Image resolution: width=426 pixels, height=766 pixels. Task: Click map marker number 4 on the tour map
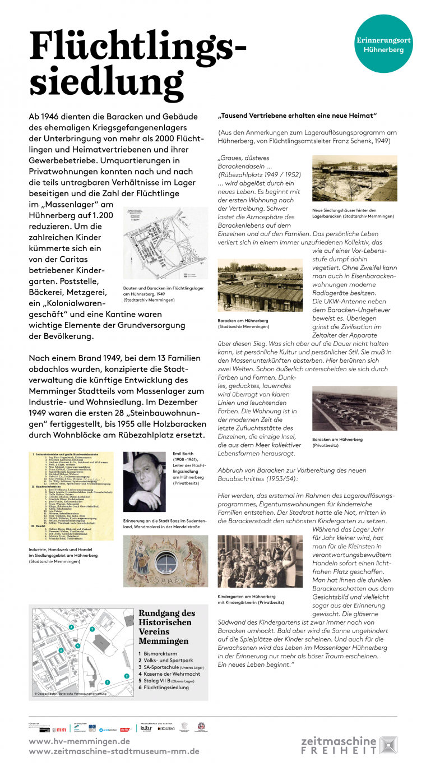[71, 627]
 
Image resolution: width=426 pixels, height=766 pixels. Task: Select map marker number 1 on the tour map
[106, 682]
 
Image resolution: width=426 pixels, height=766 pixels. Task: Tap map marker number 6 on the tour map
[61, 650]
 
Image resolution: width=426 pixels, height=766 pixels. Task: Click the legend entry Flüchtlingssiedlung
[166, 687]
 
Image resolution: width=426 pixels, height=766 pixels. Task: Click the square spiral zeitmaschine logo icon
[388, 745]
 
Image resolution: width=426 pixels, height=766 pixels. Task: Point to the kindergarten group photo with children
[260, 561]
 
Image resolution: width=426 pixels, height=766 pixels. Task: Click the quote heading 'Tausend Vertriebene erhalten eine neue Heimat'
[297, 116]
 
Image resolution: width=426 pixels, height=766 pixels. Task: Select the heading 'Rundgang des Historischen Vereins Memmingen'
[166, 627]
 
